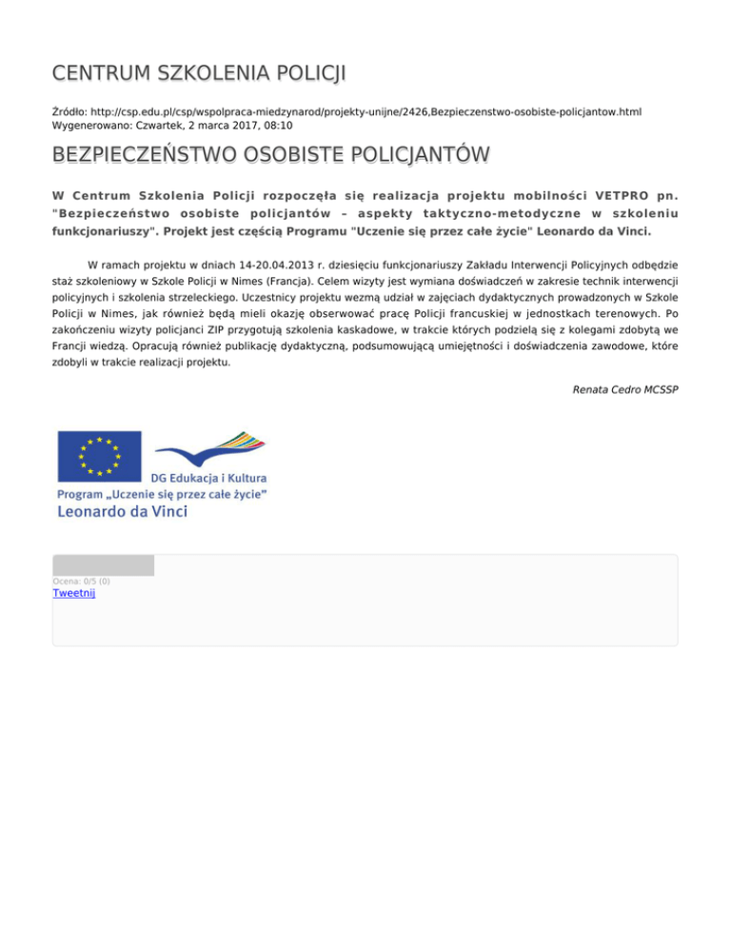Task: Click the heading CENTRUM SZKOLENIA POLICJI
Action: [199, 72]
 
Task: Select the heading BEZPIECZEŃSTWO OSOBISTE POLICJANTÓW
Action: [271, 154]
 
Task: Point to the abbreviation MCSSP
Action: [660, 389]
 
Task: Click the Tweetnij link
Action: [74, 593]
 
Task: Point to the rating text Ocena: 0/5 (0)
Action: [81, 581]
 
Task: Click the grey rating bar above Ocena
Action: [103, 565]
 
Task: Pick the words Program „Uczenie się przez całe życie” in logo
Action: [162, 493]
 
